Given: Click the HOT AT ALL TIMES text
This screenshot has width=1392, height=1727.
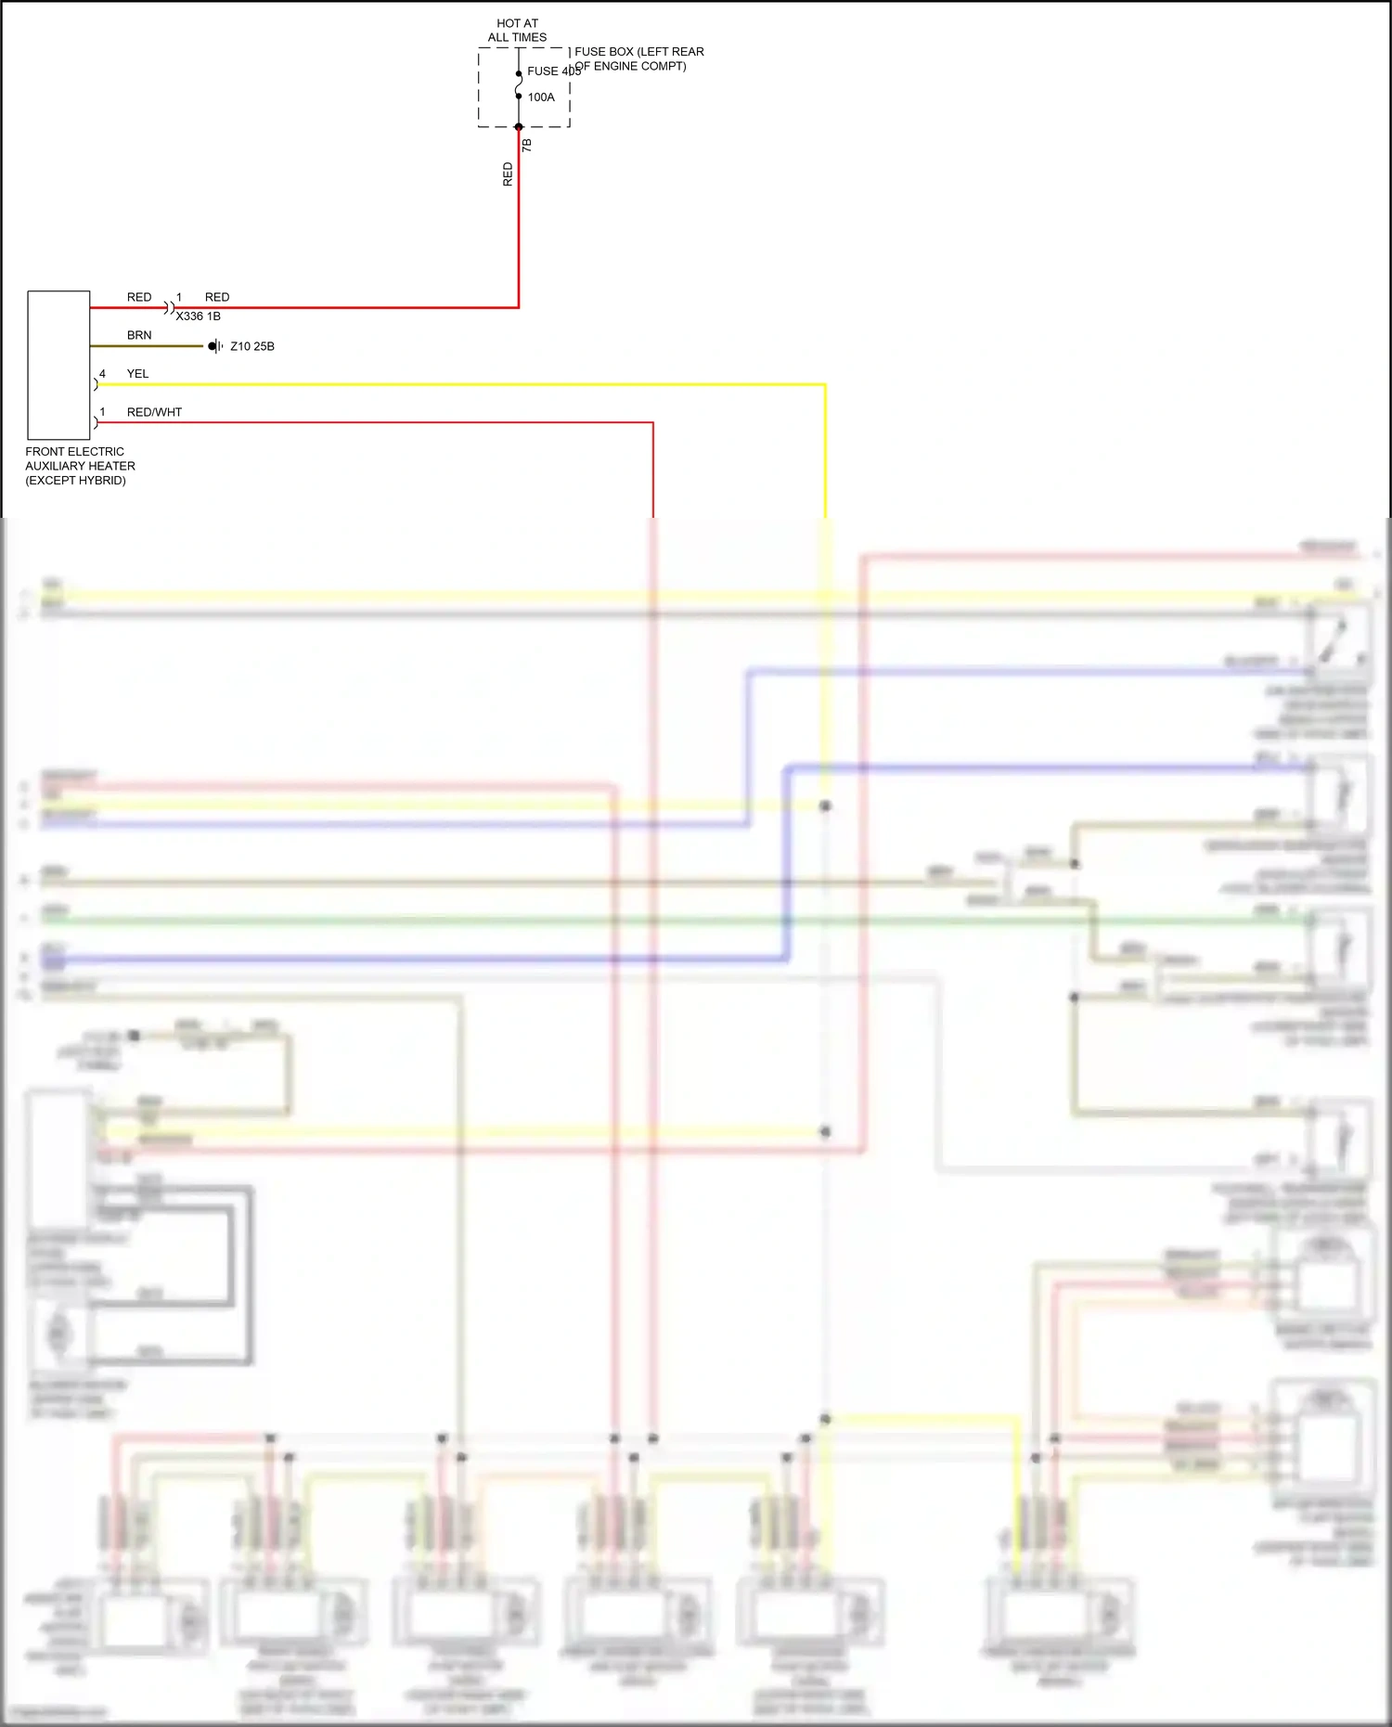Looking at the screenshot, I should [x=517, y=31].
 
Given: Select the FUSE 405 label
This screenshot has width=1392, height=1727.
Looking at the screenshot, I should [x=553, y=71].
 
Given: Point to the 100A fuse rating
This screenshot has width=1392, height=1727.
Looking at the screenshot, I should [x=541, y=97].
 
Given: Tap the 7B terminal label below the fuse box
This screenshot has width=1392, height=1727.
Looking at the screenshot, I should [x=527, y=146].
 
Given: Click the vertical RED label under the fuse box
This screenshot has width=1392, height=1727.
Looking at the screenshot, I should [x=508, y=174].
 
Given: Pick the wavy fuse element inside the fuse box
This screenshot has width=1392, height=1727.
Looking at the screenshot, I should [x=519, y=84].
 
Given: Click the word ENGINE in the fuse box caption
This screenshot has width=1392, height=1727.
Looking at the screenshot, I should [x=623, y=66].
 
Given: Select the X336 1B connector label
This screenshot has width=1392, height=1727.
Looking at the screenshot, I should [x=199, y=316].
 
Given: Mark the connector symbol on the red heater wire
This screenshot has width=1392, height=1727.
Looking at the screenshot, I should [x=170, y=307].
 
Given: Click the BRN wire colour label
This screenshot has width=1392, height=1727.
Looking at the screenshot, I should [x=139, y=335].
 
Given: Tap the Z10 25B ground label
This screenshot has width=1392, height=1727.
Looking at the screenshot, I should [x=252, y=346].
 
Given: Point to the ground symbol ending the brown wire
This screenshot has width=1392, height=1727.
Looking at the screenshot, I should [x=215, y=346].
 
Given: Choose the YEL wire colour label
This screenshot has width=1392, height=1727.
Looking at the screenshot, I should [x=137, y=374].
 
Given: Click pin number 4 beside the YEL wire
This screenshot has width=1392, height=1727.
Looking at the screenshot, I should [x=102, y=374].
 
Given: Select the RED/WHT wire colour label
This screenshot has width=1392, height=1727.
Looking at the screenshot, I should [x=154, y=412].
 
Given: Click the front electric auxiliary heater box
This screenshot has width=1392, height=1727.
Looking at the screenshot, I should [x=58, y=365].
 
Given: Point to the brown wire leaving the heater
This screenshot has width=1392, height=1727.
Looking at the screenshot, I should [x=148, y=346].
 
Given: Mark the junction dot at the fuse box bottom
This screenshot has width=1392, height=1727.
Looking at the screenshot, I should [x=519, y=127].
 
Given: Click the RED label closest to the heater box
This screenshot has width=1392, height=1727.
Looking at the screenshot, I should [x=139, y=297].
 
